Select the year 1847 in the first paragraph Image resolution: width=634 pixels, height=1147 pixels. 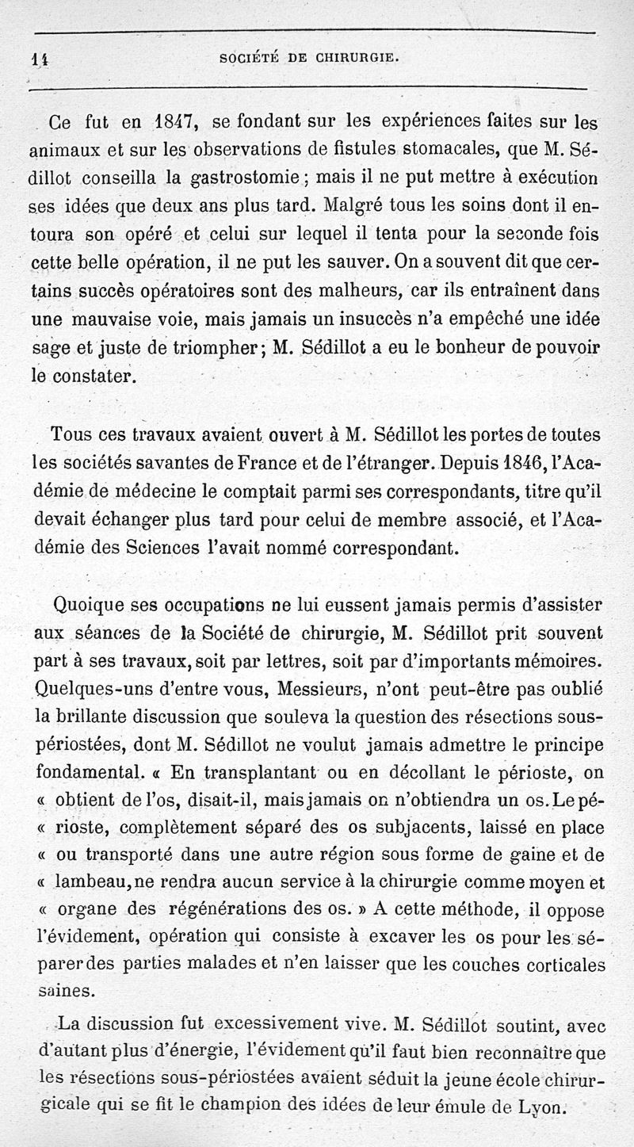coord(170,123)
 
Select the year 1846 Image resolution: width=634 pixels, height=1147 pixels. coord(521,461)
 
